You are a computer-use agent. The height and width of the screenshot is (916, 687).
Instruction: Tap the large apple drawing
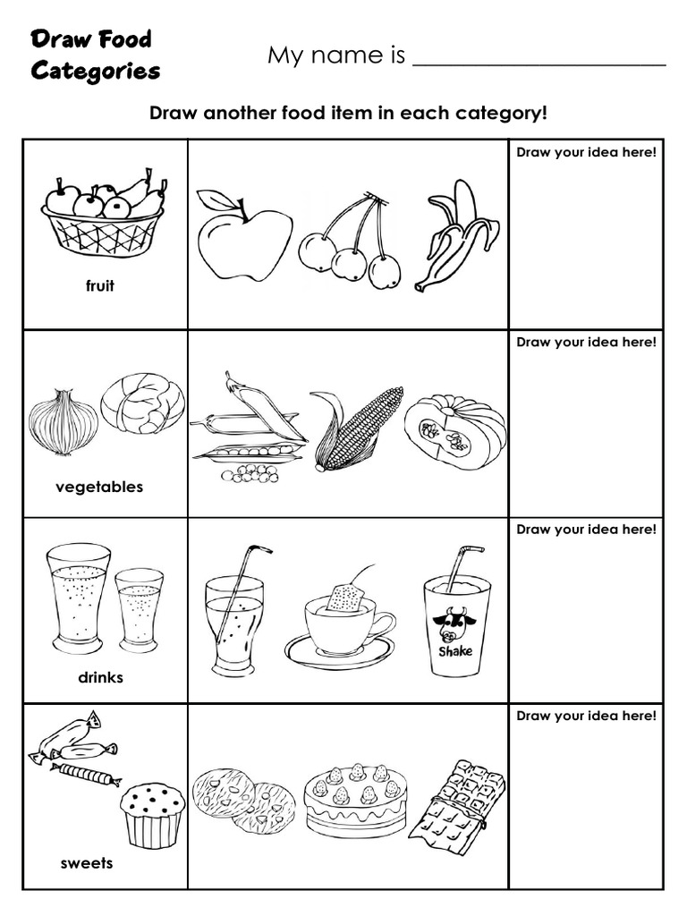tap(243, 237)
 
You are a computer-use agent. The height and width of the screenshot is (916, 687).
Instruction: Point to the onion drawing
tap(63, 423)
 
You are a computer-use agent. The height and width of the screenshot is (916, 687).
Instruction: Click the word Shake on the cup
tap(455, 652)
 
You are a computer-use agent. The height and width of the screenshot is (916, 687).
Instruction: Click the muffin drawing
tap(151, 813)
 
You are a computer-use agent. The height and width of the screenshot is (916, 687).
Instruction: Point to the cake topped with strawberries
tap(355, 798)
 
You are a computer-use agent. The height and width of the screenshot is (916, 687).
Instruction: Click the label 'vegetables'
tap(99, 488)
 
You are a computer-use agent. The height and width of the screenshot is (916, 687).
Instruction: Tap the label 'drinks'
tap(100, 677)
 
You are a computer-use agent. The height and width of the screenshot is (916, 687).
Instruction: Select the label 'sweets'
tap(87, 863)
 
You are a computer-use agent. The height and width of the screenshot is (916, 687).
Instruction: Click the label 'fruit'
tap(99, 287)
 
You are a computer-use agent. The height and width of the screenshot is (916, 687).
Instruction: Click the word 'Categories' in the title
tap(96, 71)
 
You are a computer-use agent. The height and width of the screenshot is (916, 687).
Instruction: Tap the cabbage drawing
tap(143, 403)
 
